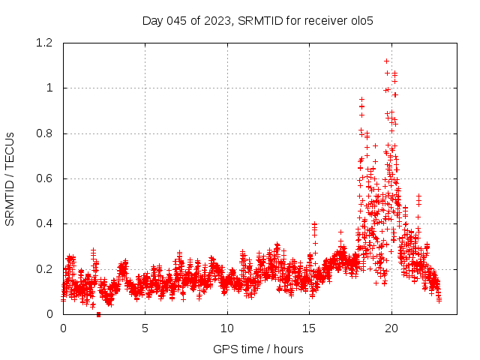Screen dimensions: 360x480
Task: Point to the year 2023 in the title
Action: click(x=217, y=20)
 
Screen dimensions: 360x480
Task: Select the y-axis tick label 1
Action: click(x=49, y=88)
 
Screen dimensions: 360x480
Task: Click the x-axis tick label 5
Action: click(x=145, y=328)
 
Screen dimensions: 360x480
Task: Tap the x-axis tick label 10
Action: click(x=227, y=328)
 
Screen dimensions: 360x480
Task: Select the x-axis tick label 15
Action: click(x=310, y=328)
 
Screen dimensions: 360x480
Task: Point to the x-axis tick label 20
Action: click(x=391, y=328)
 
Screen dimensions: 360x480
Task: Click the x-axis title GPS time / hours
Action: click(x=258, y=349)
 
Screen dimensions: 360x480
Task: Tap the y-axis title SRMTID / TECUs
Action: click(x=10, y=179)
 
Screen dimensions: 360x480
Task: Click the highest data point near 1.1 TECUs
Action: click(x=387, y=61)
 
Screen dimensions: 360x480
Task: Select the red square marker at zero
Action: click(x=98, y=314)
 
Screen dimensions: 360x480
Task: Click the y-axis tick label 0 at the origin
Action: click(x=49, y=314)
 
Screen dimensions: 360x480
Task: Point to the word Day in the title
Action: click(x=152, y=20)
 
